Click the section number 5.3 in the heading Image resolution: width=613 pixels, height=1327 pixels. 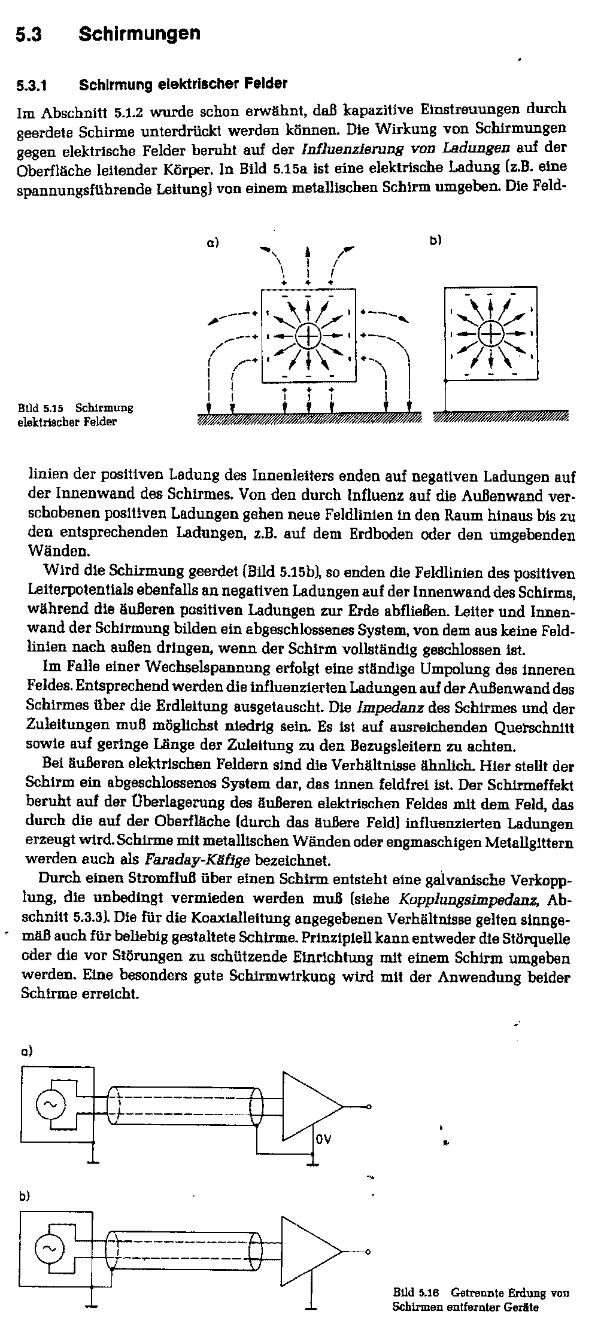click(28, 35)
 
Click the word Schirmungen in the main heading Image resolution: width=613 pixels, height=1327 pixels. click(139, 34)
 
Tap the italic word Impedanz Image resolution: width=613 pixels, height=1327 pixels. click(390, 708)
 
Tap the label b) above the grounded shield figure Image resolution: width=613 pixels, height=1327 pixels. click(435, 241)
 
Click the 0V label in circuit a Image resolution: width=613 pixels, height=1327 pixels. click(323, 1139)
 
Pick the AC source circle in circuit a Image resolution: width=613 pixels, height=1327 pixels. click(50, 1106)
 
